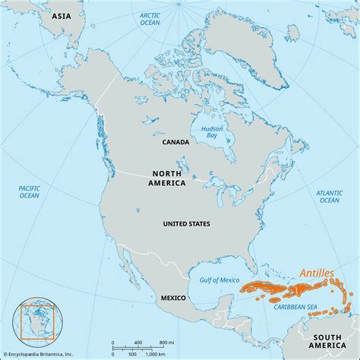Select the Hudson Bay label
tap(212, 133)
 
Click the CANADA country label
tap(175, 141)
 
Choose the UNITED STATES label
tap(188, 224)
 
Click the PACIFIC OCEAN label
tap(29, 191)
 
